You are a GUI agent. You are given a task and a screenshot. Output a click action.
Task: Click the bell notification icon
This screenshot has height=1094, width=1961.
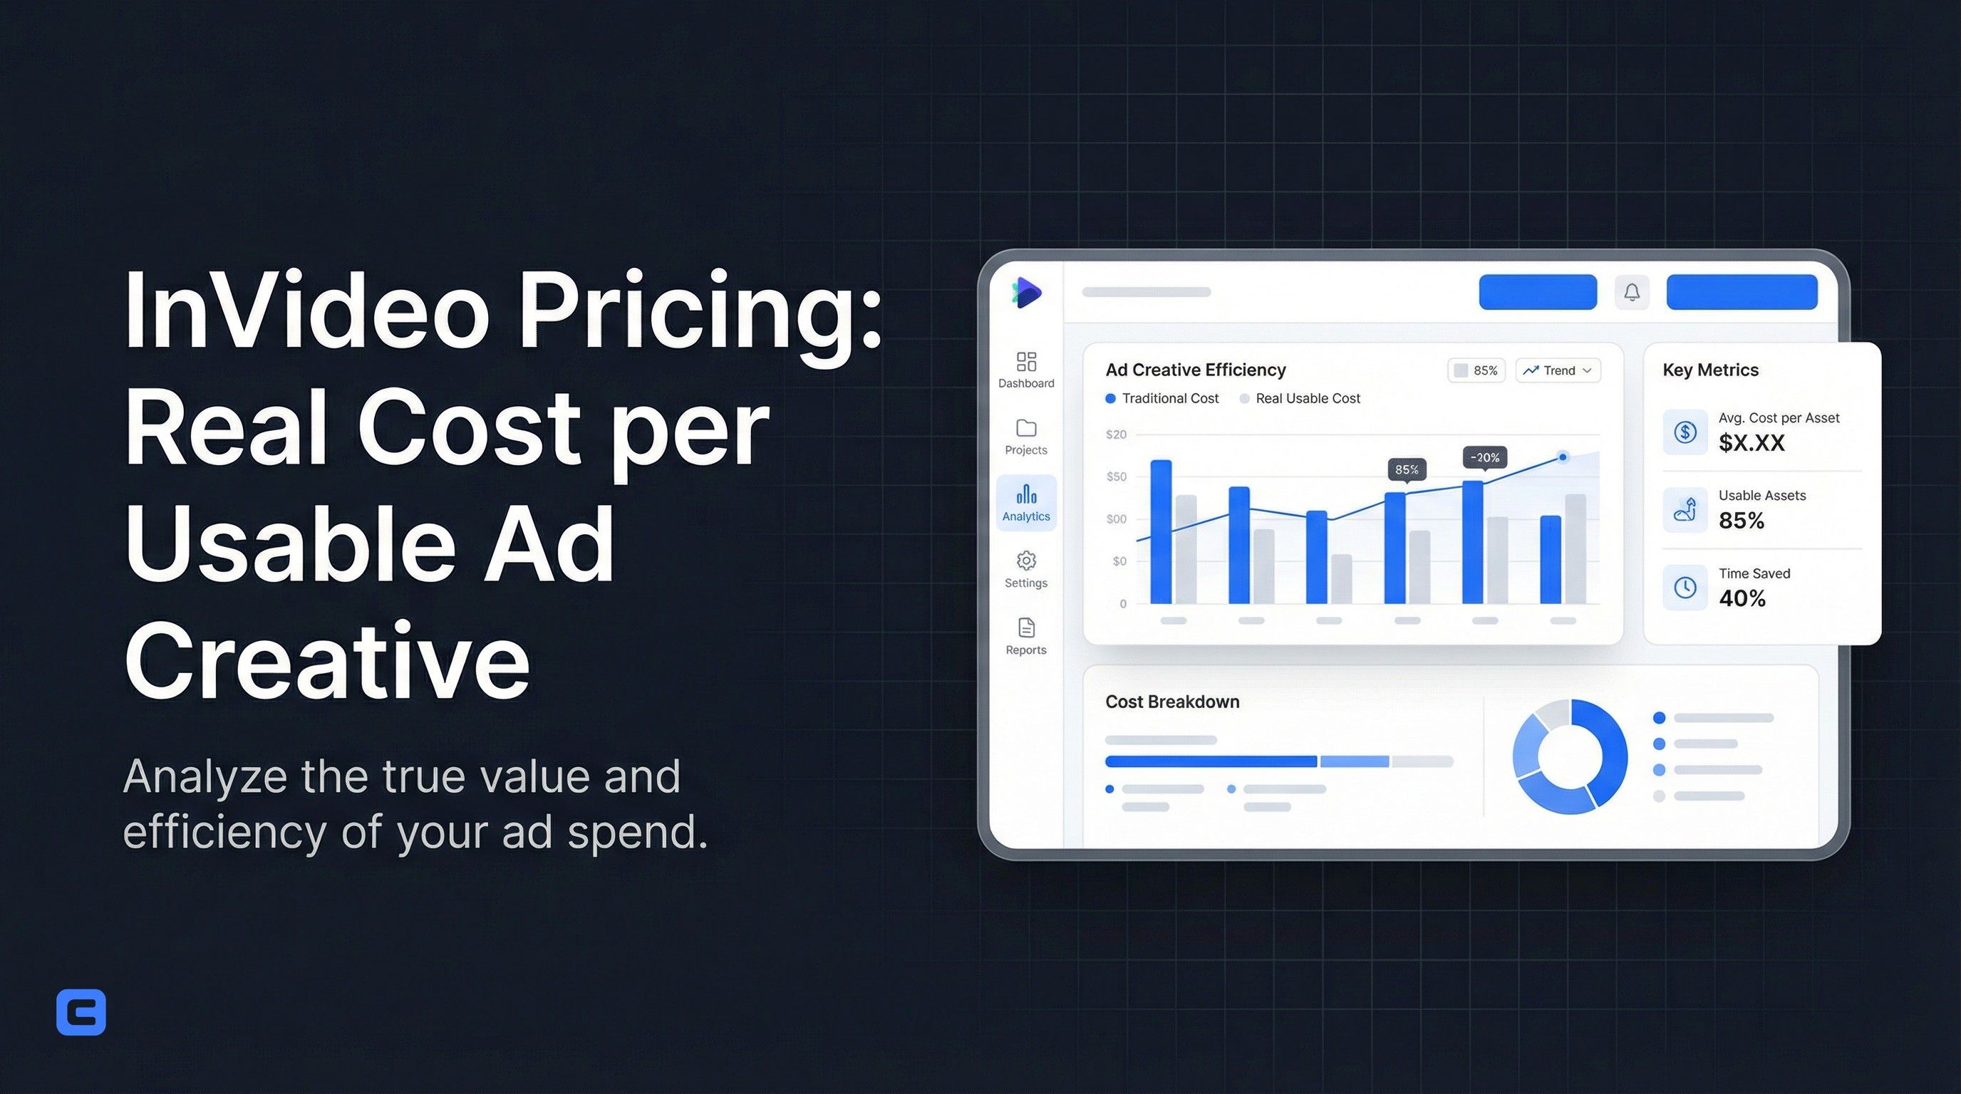coord(1631,292)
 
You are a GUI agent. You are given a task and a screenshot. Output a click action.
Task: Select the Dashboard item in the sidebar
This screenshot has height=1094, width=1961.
coord(1026,370)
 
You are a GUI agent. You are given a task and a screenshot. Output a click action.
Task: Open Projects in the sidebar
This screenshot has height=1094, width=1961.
coord(1026,437)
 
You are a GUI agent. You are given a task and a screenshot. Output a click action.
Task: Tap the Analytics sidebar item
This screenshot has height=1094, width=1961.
coord(1026,503)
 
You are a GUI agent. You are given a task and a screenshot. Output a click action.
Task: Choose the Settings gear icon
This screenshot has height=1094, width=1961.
coord(1026,561)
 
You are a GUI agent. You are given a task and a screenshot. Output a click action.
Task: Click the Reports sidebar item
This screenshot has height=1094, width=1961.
coord(1026,637)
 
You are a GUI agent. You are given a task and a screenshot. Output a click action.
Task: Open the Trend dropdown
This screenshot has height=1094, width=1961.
coord(1558,370)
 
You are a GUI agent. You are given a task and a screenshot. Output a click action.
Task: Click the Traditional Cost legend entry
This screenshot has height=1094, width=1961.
coord(1162,399)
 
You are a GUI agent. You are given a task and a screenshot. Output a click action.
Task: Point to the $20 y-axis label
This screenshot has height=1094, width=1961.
coord(1116,434)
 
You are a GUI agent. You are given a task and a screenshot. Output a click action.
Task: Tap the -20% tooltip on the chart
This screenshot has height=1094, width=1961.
coord(1484,457)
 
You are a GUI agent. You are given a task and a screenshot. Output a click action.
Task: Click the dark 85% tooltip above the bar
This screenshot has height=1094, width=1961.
coord(1406,469)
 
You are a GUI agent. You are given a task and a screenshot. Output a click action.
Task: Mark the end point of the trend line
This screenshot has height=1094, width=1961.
coord(1563,457)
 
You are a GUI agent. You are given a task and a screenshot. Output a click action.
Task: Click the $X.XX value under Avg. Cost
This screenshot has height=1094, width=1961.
coord(1751,443)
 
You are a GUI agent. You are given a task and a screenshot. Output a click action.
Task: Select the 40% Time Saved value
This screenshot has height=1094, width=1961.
coord(1742,599)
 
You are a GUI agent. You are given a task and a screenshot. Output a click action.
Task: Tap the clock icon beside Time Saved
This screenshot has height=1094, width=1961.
coord(1685,588)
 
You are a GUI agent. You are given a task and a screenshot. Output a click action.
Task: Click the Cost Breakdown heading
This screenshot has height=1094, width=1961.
coord(1171,702)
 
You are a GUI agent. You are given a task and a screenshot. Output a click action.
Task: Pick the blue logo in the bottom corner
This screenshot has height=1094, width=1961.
coord(81,1012)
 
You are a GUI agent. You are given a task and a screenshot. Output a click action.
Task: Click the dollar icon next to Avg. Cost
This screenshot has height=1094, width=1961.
coord(1685,432)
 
